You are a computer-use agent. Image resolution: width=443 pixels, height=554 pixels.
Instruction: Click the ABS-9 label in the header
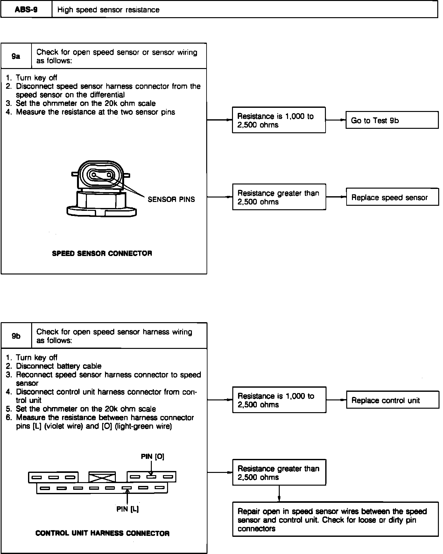coord(26,10)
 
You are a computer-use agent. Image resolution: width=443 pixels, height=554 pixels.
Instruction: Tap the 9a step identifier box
coord(16,56)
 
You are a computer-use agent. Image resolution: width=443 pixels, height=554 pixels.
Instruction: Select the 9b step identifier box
coord(16,336)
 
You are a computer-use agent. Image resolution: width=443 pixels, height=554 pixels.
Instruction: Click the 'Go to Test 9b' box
coord(392,120)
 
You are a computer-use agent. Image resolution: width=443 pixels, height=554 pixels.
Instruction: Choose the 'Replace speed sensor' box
coord(392,197)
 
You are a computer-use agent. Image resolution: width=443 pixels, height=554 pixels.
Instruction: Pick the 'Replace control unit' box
coord(392,400)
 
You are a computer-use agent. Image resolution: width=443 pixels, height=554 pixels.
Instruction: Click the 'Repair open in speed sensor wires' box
coord(335,520)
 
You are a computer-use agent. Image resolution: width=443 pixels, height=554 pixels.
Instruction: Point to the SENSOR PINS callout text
coord(171,199)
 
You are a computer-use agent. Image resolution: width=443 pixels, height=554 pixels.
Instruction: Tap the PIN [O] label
coord(152,456)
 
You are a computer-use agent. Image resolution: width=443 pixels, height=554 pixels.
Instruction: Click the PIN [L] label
coord(127,509)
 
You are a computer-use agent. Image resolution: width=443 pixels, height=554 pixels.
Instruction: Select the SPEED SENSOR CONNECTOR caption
coord(102,253)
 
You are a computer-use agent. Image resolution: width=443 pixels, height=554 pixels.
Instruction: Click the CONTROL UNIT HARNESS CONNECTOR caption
coord(102,533)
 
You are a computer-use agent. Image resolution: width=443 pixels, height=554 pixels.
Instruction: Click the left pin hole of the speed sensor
coord(94,175)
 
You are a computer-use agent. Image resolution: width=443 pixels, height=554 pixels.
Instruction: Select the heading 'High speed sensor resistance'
coord(108,10)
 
